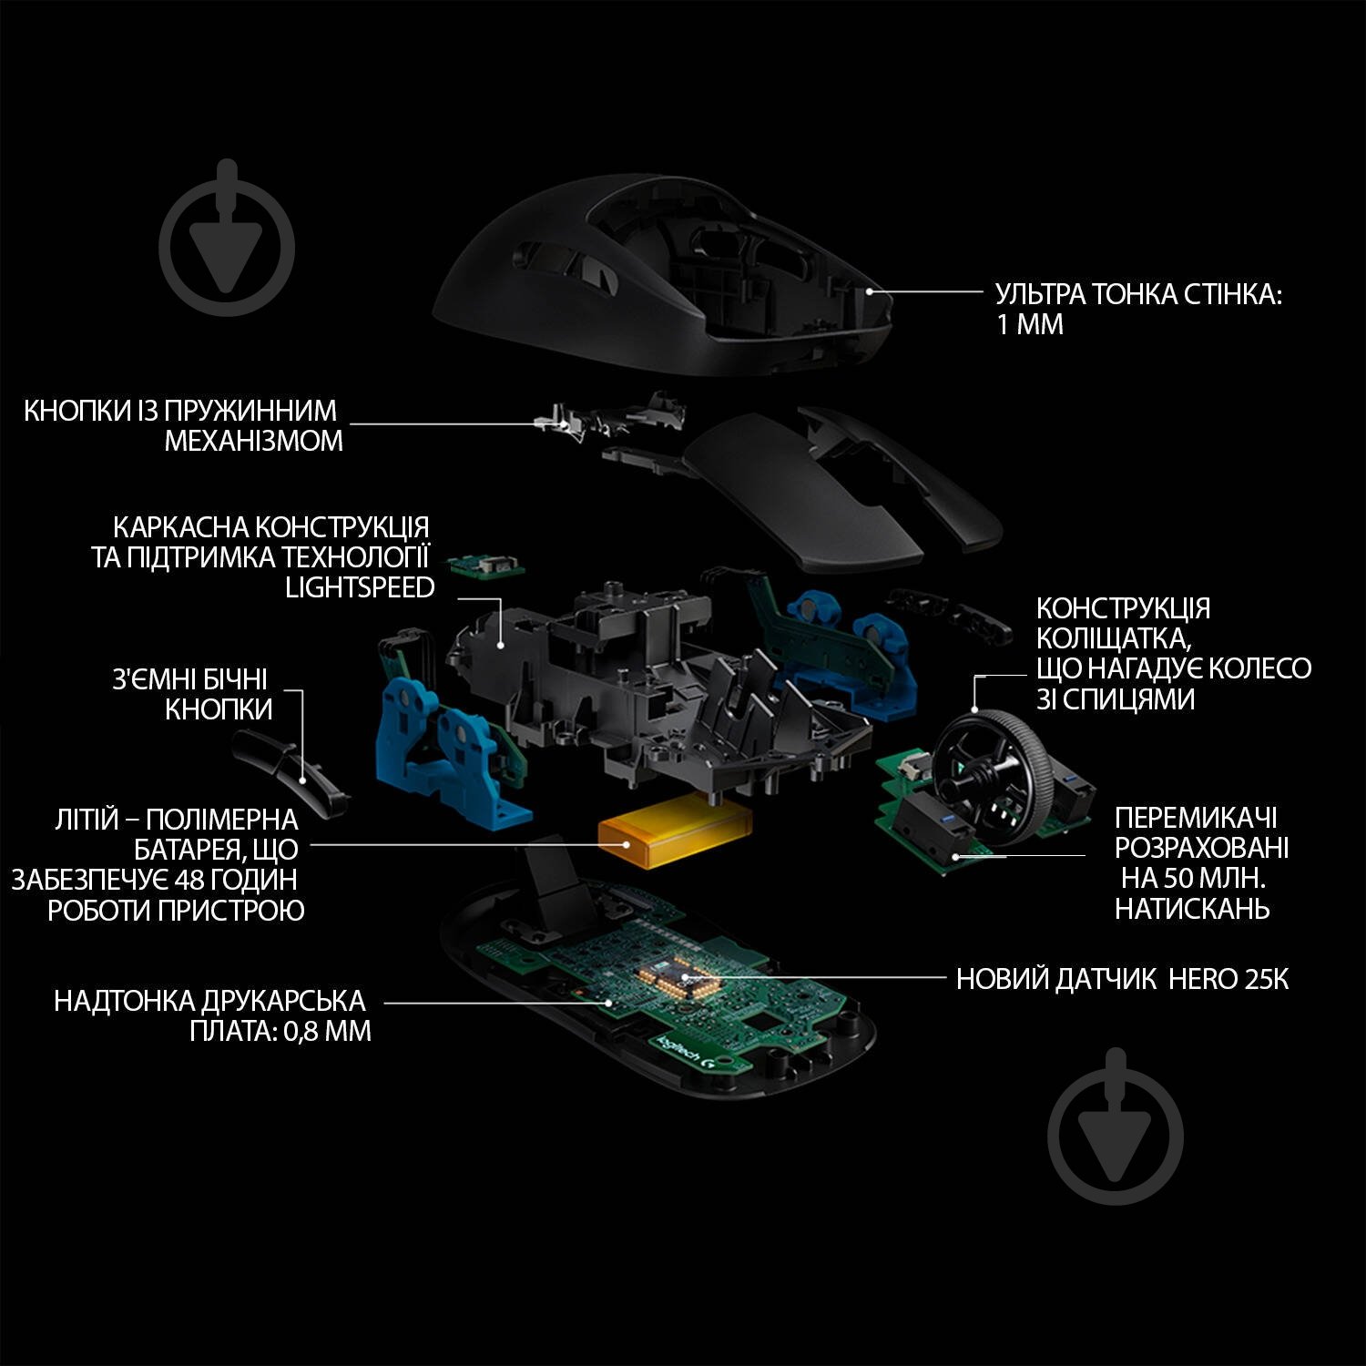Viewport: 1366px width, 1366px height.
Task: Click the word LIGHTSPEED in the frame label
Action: (x=360, y=587)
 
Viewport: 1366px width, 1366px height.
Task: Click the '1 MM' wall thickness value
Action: (x=1029, y=325)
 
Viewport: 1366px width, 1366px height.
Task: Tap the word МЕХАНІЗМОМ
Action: (x=253, y=441)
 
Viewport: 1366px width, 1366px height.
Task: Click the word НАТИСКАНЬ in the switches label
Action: (x=1192, y=908)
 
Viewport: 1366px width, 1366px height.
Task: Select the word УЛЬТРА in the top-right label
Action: (x=1039, y=295)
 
